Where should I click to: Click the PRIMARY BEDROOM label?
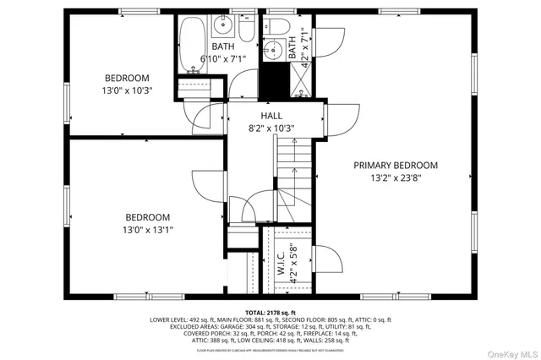pyautogui.click(x=396, y=165)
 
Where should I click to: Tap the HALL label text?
pyautogui.click(x=271, y=116)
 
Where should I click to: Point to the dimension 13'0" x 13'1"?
pyautogui.click(x=148, y=229)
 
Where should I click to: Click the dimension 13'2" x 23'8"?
pyautogui.click(x=396, y=178)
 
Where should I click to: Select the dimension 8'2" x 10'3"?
pyautogui.click(x=271, y=129)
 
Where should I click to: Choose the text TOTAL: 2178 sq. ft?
pyautogui.click(x=270, y=313)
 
